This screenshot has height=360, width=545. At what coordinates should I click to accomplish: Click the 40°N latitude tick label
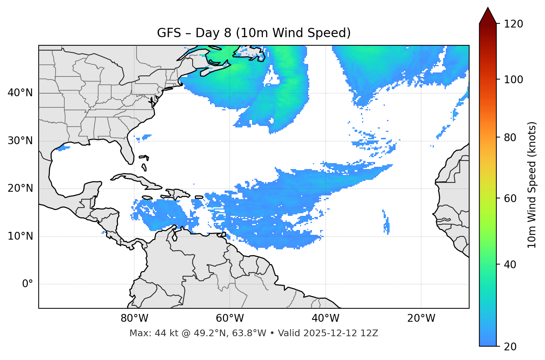(20, 93)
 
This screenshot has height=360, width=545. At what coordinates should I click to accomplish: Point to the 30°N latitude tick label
(20, 141)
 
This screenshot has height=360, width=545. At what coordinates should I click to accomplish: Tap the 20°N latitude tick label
(20, 189)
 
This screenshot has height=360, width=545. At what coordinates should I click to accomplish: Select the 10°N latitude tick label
(20, 236)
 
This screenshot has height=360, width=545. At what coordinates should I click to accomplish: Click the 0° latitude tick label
(28, 284)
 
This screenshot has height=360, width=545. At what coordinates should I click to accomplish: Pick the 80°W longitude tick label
(134, 318)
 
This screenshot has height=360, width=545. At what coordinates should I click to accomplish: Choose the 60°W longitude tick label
(230, 318)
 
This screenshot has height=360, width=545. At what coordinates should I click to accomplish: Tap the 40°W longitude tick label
(326, 318)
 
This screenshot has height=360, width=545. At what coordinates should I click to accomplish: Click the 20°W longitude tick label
(421, 318)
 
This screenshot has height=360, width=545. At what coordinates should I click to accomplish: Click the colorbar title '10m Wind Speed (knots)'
(532, 185)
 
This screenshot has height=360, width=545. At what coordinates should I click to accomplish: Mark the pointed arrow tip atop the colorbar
(488, 8)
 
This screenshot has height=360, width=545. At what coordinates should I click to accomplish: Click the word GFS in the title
(169, 33)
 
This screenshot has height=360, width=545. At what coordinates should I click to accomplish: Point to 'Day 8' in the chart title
(213, 33)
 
